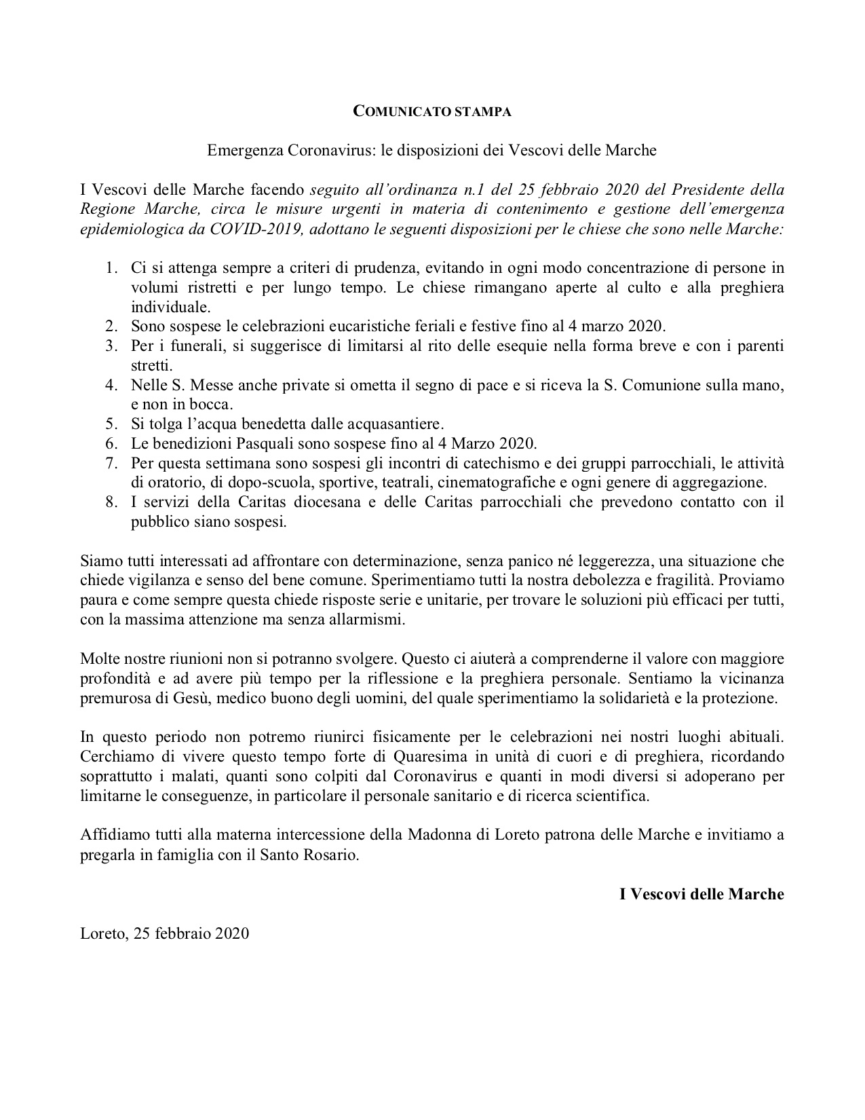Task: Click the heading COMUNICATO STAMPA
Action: click(432, 112)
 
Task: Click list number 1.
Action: click(111, 268)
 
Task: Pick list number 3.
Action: click(111, 347)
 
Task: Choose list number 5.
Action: click(111, 425)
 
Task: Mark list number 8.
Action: click(111, 503)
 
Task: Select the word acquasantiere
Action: click(400, 425)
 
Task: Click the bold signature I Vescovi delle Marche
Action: click(701, 894)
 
